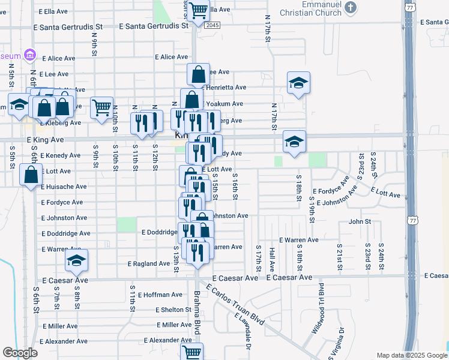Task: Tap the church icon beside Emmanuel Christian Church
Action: click(352, 8)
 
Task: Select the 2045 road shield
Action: click(211, 25)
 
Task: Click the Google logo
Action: click(20, 353)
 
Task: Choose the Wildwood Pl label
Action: click(318, 316)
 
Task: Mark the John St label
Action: click(360, 221)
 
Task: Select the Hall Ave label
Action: click(271, 259)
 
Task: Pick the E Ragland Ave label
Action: click(149, 263)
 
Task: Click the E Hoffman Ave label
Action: click(160, 295)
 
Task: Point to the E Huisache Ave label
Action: click(64, 187)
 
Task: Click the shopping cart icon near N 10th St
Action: click(101, 108)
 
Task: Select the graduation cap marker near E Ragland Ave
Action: click(76, 260)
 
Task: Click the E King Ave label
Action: click(46, 139)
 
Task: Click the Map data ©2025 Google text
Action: click(411, 355)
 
